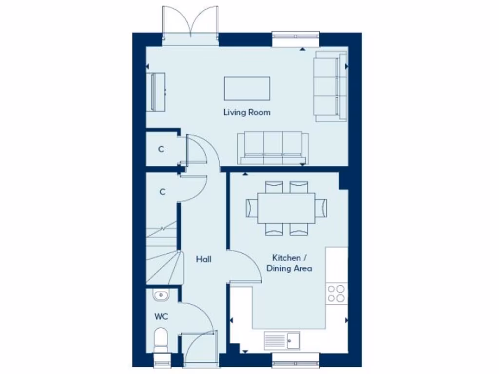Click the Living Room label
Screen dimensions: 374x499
[247, 112]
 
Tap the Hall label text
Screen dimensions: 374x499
[204, 260]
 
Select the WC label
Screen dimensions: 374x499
[161, 317]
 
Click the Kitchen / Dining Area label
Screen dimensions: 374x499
[292, 263]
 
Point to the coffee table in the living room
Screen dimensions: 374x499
[247, 88]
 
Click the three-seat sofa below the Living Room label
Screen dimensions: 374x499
[273, 148]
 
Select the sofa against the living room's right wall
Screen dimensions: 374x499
[330, 87]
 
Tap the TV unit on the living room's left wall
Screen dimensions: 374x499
[157, 92]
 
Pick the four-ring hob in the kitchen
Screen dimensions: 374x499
[336, 294]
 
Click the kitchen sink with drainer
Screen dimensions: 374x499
[282, 340]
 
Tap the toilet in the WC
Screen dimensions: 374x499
[160, 338]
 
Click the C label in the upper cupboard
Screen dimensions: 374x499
[161, 149]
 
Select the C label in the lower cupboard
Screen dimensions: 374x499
[162, 192]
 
